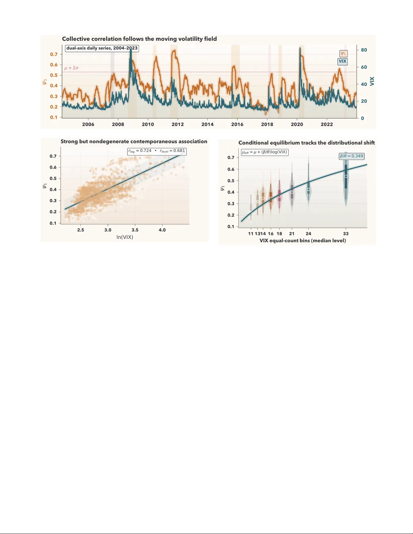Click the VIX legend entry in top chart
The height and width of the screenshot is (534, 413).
pyautogui.click(x=343, y=61)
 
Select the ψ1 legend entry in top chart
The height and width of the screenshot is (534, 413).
pyautogui.click(x=343, y=54)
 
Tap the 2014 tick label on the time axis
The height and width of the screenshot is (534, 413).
pyautogui.click(x=207, y=124)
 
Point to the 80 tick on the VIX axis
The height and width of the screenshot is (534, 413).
pyautogui.click(x=364, y=50)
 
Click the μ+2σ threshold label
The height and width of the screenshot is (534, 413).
pyautogui.click(x=71, y=68)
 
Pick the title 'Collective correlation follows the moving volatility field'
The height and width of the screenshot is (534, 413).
pyautogui.click(x=139, y=39)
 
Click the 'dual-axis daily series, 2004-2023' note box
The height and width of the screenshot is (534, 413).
pyautogui.click(x=102, y=48)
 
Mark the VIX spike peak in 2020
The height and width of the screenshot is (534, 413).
pyautogui.click(x=300, y=48)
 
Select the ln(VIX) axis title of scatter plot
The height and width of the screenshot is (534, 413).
pyautogui.click(x=125, y=237)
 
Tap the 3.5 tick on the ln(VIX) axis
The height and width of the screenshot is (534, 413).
pyautogui.click(x=135, y=230)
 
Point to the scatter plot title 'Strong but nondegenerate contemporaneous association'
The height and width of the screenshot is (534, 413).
pyautogui.click(x=134, y=142)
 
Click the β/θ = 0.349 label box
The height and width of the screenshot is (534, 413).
pyautogui.click(x=351, y=156)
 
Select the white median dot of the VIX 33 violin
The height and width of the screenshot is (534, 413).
pyautogui.click(x=346, y=176)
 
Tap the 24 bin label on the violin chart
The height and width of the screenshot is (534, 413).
pyautogui.click(x=308, y=233)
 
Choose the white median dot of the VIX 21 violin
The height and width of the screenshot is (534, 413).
pyautogui.click(x=292, y=192)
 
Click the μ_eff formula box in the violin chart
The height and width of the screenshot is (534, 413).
pyautogui.click(x=265, y=152)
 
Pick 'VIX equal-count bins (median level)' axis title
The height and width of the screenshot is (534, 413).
pyautogui.click(x=302, y=241)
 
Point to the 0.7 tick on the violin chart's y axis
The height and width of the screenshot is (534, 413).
pyautogui.click(x=231, y=157)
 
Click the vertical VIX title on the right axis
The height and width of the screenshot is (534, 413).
pyautogui.click(x=372, y=81)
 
